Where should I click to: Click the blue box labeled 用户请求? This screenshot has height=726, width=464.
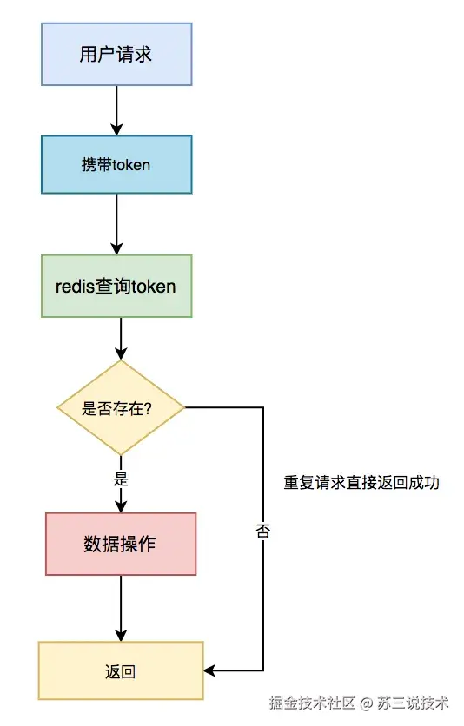point(116,54)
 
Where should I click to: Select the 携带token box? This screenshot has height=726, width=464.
point(116,164)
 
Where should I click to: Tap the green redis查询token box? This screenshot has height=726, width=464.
point(116,286)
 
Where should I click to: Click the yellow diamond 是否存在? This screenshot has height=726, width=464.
point(121,407)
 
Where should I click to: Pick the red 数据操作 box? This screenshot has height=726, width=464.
point(121,544)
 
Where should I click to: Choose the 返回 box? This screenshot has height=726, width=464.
point(121,670)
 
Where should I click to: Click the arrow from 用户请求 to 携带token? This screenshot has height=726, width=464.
point(116,111)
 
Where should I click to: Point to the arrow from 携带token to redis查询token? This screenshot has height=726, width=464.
point(116,223)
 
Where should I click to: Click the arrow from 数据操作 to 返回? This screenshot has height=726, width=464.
point(121,608)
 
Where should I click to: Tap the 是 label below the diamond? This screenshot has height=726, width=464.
point(121,478)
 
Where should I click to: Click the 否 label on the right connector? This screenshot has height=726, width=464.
point(262,531)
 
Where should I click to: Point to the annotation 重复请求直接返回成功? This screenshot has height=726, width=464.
point(361,483)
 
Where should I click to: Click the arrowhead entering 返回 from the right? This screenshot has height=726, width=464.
point(209,670)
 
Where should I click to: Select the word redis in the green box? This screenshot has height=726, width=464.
point(74,286)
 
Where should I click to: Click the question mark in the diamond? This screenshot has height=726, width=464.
point(149,408)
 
